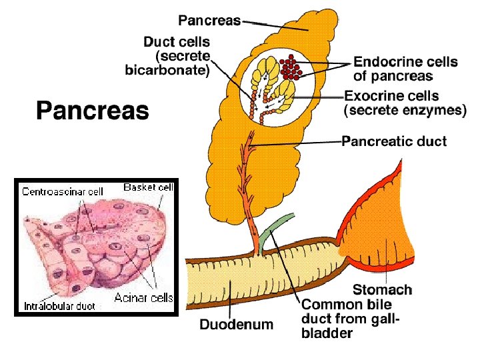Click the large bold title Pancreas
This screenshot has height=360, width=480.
pyautogui.click(x=92, y=110)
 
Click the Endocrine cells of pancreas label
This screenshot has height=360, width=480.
pyautogui.click(x=405, y=69)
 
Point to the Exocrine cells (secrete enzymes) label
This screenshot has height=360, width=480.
pyautogui.click(x=405, y=103)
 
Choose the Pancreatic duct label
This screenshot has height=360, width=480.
pyautogui.click(x=394, y=141)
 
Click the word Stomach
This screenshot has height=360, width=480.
pyautogui.click(x=382, y=289)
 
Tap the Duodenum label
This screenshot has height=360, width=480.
pyautogui.click(x=237, y=325)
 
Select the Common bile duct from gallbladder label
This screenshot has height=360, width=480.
pyautogui.click(x=351, y=318)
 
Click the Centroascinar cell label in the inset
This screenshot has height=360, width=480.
pyautogui.click(x=63, y=191)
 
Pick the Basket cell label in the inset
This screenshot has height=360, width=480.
pyautogui.click(x=148, y=187)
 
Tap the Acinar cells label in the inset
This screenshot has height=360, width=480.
pyautogui.click(x=143, y=297)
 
